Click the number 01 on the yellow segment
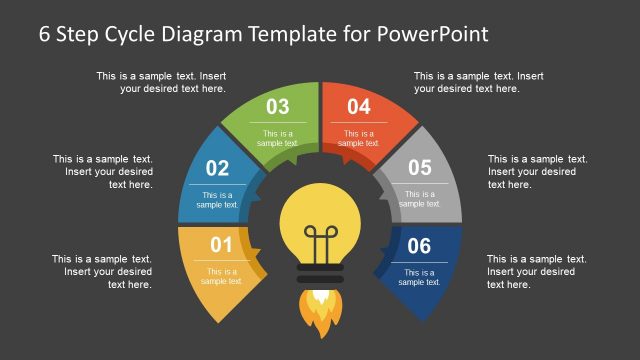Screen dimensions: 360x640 click(x=221, y=245)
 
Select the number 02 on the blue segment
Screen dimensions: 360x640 click(x=217, y=169)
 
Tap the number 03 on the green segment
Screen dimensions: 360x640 click(x=277, y=107)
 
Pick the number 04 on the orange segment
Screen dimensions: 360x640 click(x=359, y=107)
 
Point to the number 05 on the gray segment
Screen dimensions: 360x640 click(x=420, y=168)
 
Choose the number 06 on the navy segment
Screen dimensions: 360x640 click(x=419, y=245)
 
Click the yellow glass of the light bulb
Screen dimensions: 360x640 click(x=319, y=215)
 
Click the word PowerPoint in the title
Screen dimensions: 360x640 click(x=433, y=34)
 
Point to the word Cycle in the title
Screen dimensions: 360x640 click(x=130, y=34)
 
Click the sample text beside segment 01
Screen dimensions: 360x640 click(x=102, y=272)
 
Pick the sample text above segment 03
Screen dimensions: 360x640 click(x=161, y=82)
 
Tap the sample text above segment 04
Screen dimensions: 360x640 click(x=478, y=82)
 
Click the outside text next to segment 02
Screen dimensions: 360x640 click(x=102, y=171)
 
